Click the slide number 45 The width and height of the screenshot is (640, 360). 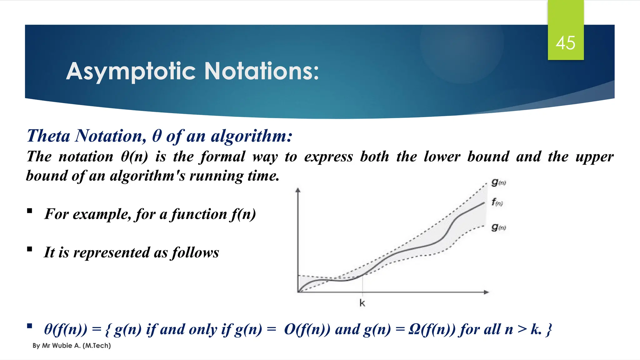click(565, 43)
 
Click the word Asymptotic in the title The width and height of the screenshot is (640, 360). click(131, 72)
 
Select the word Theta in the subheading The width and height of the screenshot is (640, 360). click(48, 136)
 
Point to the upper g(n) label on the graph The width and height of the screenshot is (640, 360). click(498, 182)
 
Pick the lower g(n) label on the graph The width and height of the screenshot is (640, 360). click(498, 227)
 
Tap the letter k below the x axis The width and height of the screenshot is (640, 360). click(362, 303)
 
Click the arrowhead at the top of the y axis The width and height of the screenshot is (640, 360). click(298, 189)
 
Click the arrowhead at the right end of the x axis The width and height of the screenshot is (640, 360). click(486, 292)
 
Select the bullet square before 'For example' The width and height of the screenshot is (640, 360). click(30, 211)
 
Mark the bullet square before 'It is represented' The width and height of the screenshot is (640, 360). click(30, 249)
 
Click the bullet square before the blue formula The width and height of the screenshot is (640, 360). click(30, 326)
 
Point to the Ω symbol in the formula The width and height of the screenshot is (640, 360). click(414, 329)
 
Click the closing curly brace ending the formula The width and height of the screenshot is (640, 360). click(549, 330)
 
